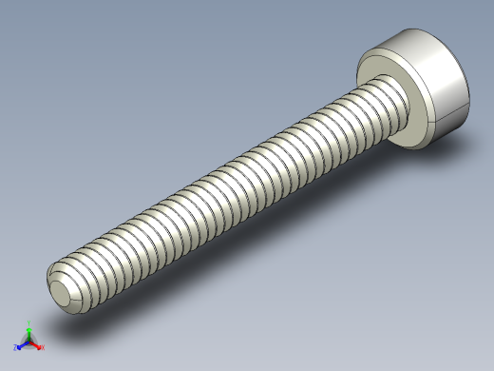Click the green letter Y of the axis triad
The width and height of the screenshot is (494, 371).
[x=29, y=322]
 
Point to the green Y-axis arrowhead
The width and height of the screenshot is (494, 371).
[x=29, y=329]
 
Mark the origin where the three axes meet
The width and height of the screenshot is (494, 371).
[x=29, y=341]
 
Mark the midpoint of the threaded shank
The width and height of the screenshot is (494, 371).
[x=228, y=190]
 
